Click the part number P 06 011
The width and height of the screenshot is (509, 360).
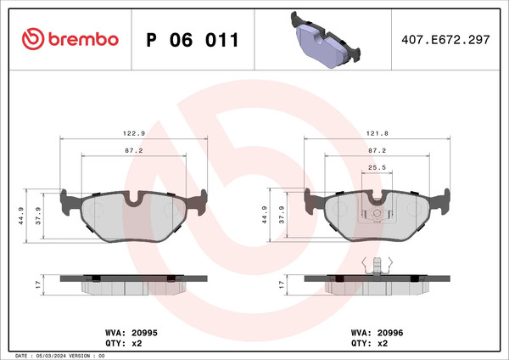click(x=193, y=40)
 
